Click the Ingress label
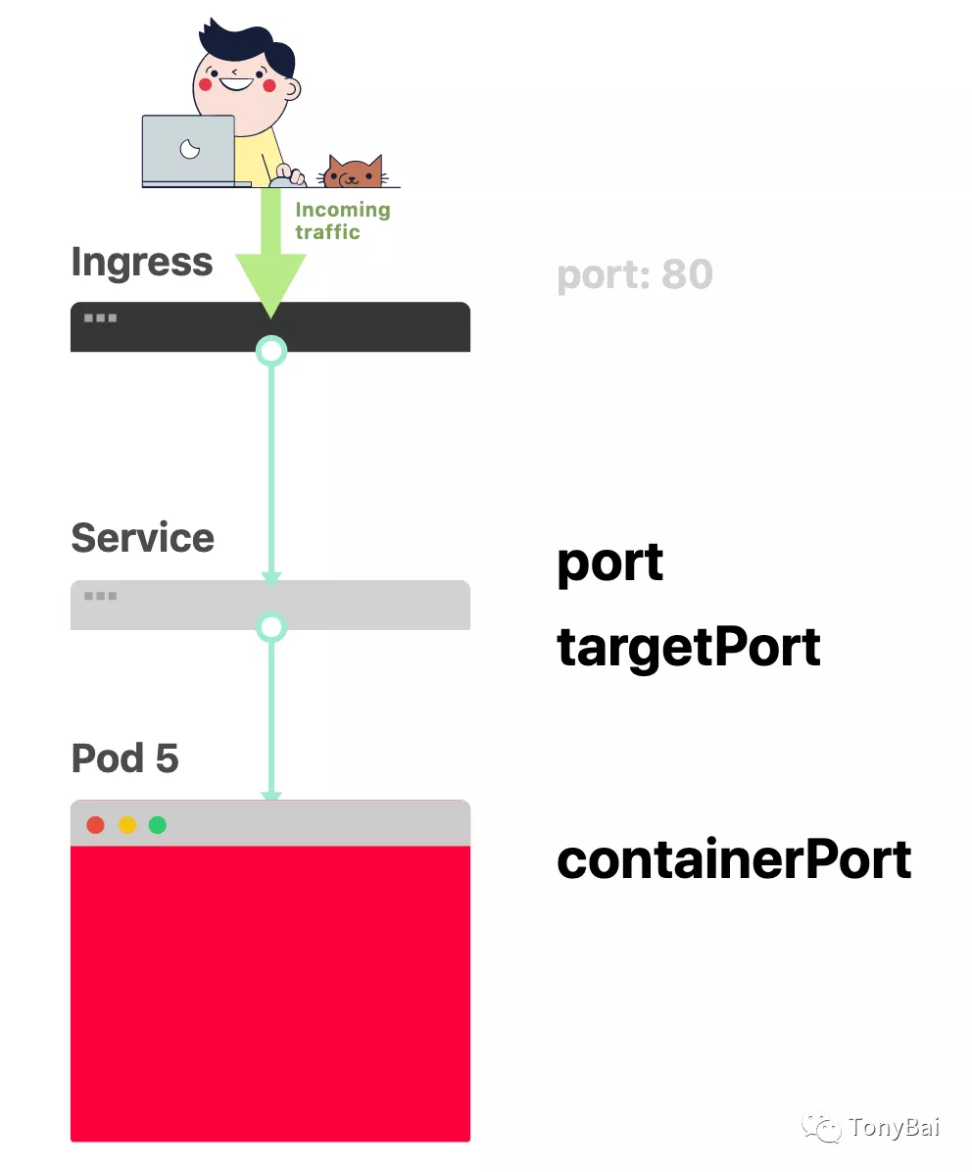click(141, 262)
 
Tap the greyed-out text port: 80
click(634, 274)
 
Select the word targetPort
click(688, 647)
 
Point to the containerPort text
click(734, 859)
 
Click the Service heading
click(142, 537)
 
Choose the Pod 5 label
click(124, 757)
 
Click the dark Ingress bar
click(372, 326)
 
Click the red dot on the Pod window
click(95, 825)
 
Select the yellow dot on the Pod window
click(126, 825)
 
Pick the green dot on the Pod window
click(157, 825)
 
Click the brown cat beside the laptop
click(355, 172)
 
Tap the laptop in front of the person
click(189, 150)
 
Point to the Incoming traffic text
click(342, 220)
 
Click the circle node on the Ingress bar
click(270, 350)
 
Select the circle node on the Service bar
click(270, 627)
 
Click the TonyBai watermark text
click(894, 1128)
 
